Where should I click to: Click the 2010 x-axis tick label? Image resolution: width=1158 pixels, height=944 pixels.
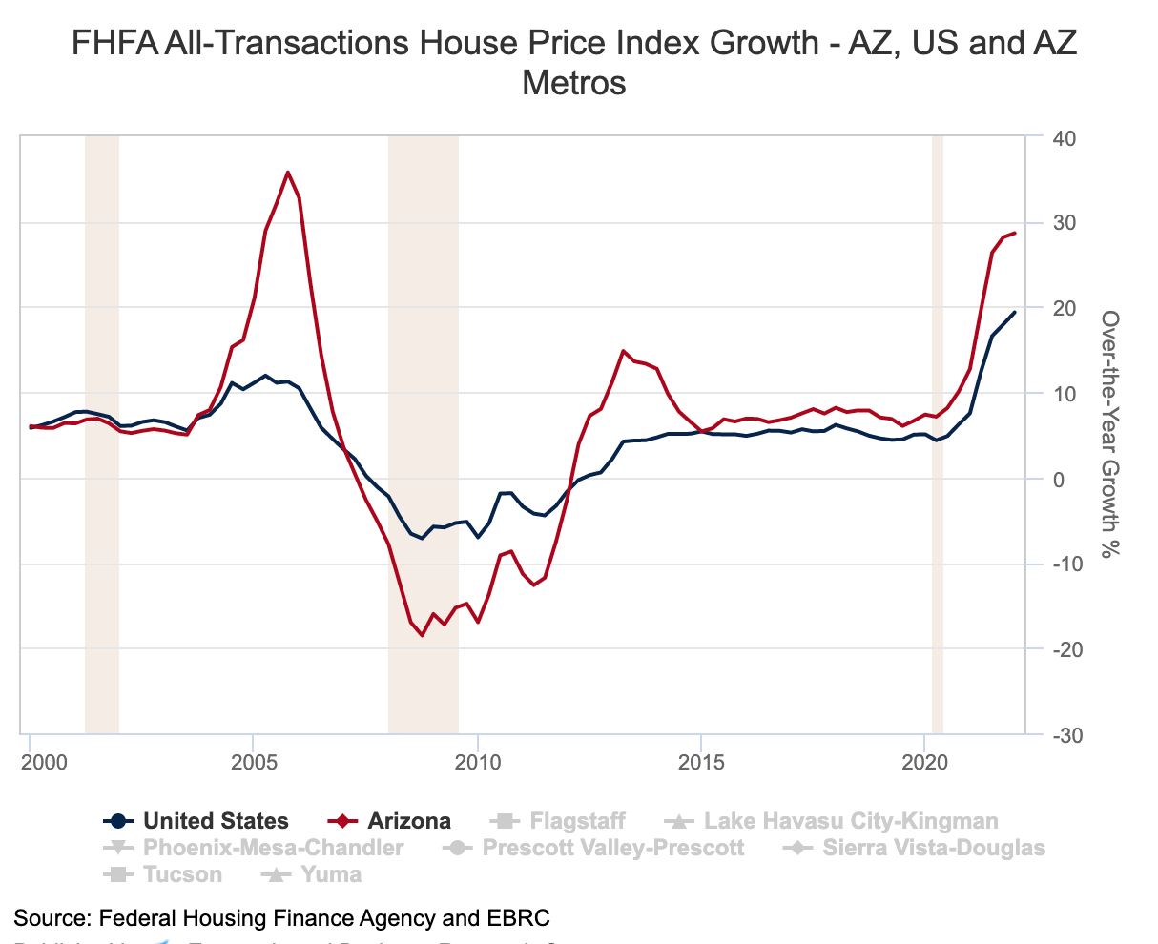click(x=477, y=763)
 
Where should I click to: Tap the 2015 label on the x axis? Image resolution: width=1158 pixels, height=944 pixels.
click(x=701, y=763)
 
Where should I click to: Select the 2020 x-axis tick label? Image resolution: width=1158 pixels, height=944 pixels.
click(x=924, y=763)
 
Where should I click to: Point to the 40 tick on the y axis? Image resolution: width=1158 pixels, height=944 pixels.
click(x=1065, y=139)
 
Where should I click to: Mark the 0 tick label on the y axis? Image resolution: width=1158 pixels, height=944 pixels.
click(x=1059, y=480)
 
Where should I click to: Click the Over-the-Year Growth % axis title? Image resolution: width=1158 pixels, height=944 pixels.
click(x=1109, y=434)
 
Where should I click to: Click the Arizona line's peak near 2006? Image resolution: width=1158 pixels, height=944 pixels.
click(x=288, y=173)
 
